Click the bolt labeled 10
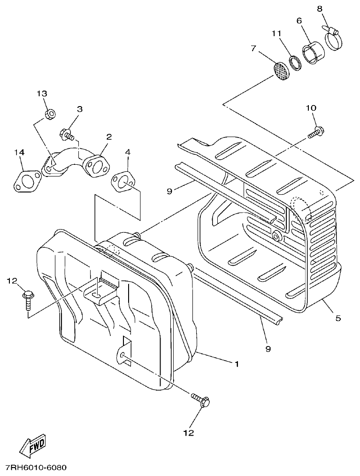click(x=315, y=132)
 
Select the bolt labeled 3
click(x=67, y=135)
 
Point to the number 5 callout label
click(x=338, y=318)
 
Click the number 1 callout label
click(x=237, y=364)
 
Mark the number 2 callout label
click(x=109, y=137)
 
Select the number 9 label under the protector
click(x=268, y=348)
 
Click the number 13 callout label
click(x=43, y=93)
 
